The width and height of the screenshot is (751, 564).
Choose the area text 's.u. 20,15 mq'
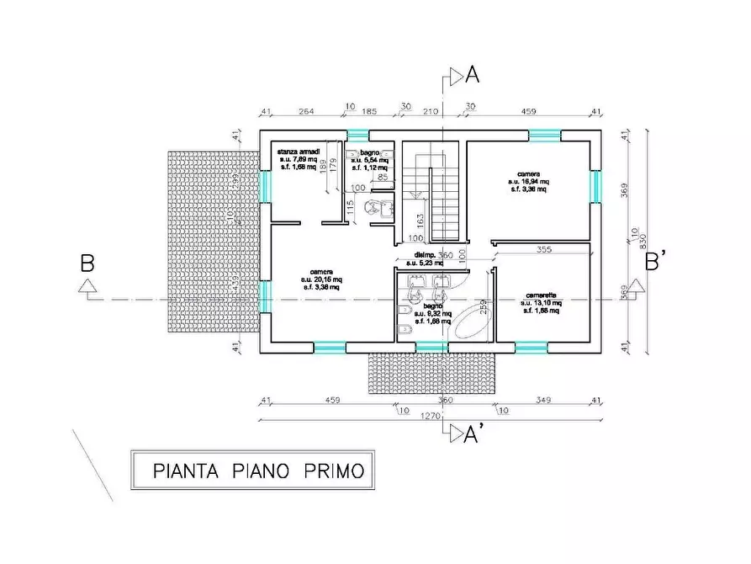(321, 279)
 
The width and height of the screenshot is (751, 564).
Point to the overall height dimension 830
(641, 240)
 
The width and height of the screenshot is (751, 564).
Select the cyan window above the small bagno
(358, 135)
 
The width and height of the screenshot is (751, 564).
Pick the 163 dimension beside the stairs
(418, 221)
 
